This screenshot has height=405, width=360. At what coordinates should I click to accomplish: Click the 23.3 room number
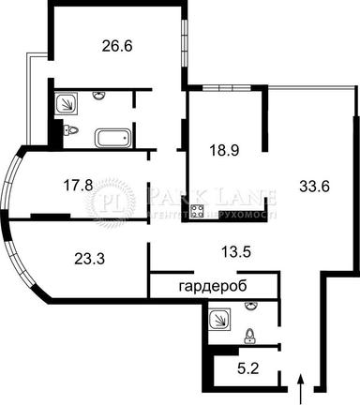(88, 252)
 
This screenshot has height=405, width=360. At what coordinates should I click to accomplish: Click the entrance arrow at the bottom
(300, 384)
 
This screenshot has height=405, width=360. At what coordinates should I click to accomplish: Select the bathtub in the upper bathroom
(113, 139)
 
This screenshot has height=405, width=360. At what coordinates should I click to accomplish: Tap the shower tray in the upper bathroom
(67, 104)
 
